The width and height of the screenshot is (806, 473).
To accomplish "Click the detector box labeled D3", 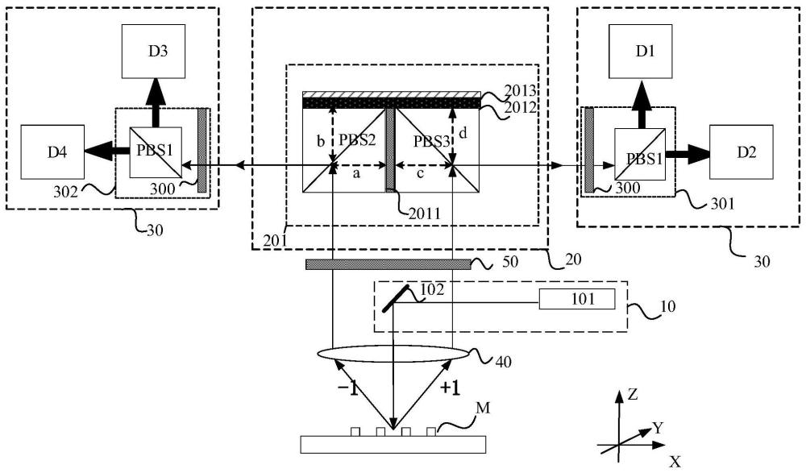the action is pos(154,52).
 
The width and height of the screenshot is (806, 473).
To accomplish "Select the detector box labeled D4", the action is pos(52,151).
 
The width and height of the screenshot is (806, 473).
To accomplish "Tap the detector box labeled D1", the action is pos(641,52).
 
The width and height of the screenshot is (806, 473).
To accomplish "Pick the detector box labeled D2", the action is pos(742,151).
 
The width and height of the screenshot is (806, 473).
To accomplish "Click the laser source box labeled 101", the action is pos(577,299).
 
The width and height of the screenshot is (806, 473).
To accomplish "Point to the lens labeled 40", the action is pos(393,354).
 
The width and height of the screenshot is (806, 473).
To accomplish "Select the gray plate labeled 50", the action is pos(388,264).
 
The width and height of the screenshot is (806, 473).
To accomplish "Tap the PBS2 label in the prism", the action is pos(357,140).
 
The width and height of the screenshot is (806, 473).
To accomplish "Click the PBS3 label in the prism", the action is pos(432,141).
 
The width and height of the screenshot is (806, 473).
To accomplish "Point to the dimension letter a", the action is pos(356,174).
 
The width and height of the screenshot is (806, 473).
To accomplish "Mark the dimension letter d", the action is pos(463,133).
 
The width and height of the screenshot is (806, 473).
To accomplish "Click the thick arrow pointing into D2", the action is pos(688,152).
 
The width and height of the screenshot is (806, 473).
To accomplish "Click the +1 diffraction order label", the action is pos(451,388).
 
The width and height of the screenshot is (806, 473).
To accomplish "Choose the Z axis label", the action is pos(633,394).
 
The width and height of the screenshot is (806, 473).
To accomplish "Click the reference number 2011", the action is pos(425,213).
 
